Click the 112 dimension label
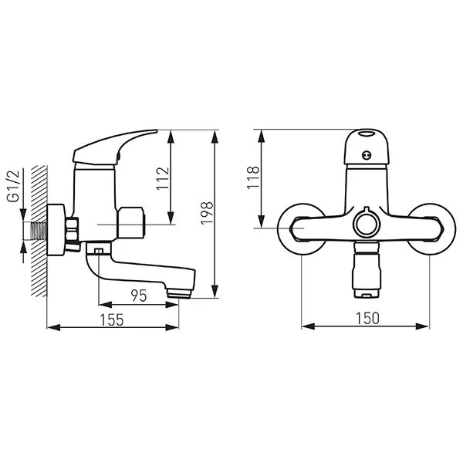[163, 179]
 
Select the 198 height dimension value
[207, 213]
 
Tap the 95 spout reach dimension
[139, 296]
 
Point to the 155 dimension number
[112, 320]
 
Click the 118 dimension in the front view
[253, 177]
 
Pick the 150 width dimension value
[367, 318]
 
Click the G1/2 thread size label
[13, 186]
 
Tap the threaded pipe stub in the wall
[39, 231]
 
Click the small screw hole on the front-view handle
[367, 155]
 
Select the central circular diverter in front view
[367, 224]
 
